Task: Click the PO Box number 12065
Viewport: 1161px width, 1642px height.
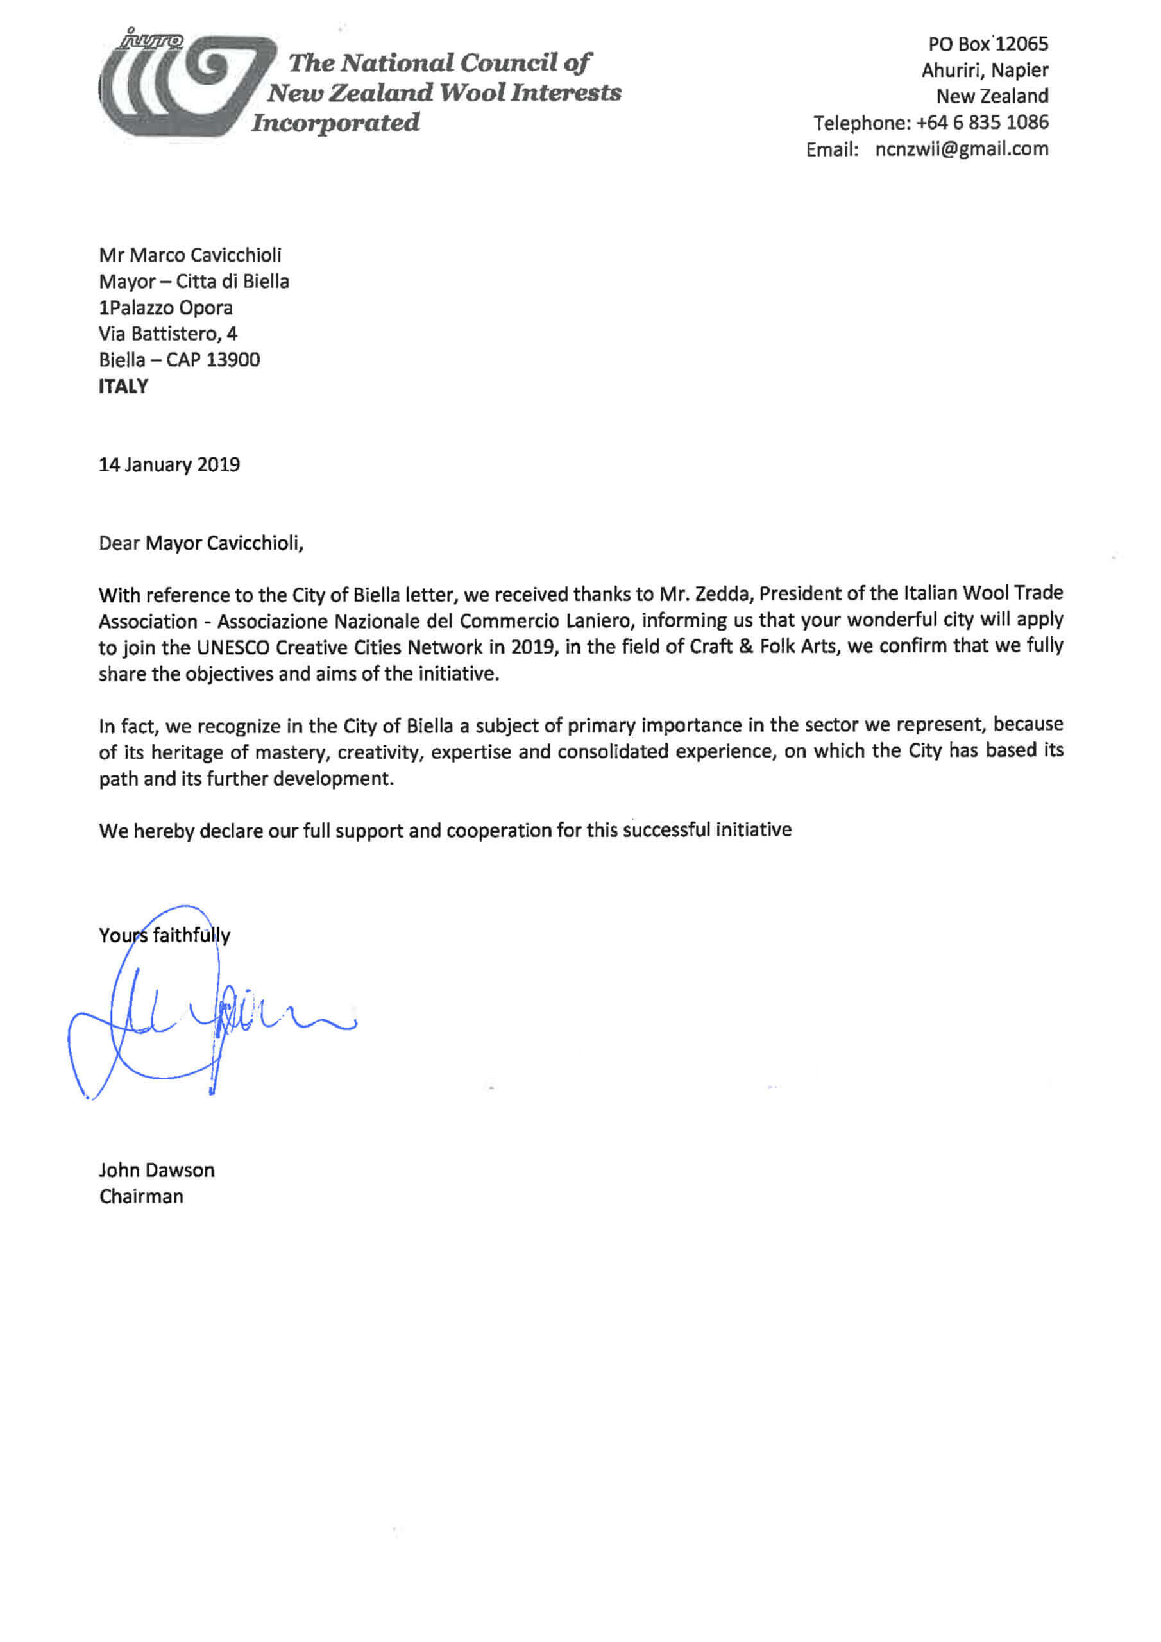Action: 1022,44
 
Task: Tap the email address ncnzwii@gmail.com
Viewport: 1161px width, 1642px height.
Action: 962,149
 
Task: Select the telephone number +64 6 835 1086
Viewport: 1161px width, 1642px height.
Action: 981,123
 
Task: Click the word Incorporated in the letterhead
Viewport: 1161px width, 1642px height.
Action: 335,123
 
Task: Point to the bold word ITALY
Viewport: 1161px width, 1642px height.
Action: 123,386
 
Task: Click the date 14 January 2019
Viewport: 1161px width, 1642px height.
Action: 169,465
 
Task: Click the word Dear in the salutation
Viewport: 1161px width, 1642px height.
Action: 119,543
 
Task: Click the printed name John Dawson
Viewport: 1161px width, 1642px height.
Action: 157,1171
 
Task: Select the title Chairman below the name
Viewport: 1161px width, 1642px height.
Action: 141,1197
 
